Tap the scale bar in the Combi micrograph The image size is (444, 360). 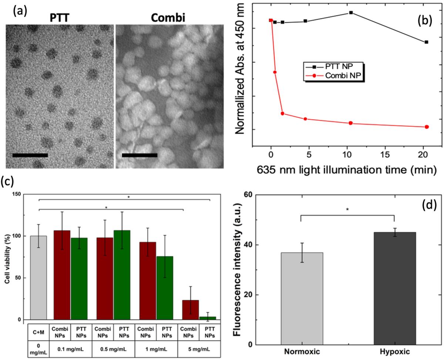[x=139, y=155]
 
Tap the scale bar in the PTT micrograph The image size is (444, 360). [x=30, y=155]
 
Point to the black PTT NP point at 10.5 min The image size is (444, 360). [x=350, y=13]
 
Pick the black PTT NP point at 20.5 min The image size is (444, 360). [x=427, y=42]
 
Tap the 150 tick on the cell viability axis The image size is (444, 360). [x=16, y=193]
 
